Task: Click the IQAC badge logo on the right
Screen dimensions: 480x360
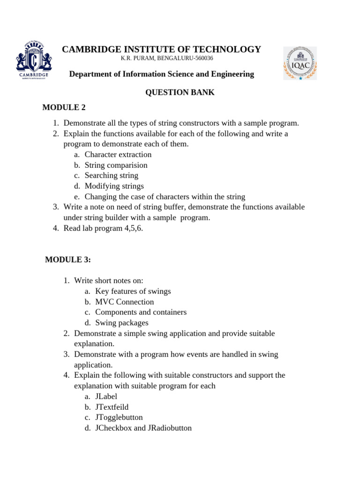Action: [x=300, y=63]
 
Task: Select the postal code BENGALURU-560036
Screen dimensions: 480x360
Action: [x=185, y=59]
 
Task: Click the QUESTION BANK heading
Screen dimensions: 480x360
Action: [x=180, y=92]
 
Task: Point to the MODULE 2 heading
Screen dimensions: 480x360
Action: [x=64, y=107]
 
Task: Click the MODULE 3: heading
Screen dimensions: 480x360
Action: [x=68, y=260]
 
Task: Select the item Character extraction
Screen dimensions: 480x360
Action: [x=118, y=155]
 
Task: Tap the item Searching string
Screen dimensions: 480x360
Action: [x=111, y=175]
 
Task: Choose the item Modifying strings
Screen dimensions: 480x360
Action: [x=114, y=186]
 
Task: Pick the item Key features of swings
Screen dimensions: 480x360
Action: [x=133, y=291]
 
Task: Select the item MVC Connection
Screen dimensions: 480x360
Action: [x=124, y=302]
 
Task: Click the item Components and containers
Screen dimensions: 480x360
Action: [x=141, y=312]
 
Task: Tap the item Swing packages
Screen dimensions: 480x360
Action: [x=121, y=322]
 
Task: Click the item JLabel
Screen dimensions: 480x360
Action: [x=106, y=397]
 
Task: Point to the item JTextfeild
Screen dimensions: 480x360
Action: [x=112, y=407]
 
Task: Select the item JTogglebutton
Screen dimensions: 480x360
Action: [x=119, y=417]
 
